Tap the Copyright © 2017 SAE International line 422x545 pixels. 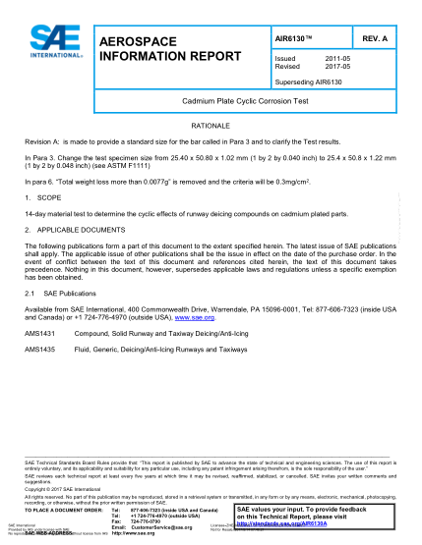point(65,488)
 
